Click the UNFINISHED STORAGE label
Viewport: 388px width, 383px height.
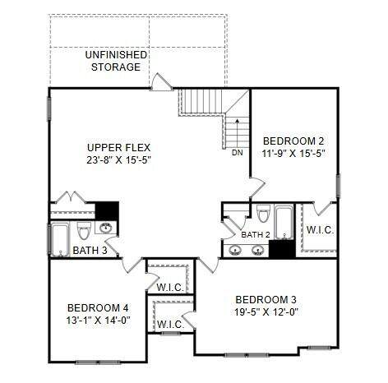tap(116, 61)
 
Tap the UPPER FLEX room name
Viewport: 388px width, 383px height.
tap(119, 148)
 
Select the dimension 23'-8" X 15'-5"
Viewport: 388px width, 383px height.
tap(119, 160)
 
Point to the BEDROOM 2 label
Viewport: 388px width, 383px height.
tap(293, 141)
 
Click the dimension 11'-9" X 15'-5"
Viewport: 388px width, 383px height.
tap(293, 154)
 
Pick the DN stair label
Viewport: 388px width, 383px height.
tap(238, 153)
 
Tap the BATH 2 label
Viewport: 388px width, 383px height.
tap(256, 235)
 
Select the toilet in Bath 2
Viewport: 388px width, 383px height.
tap(264, 213)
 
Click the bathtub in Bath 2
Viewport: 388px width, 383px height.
tap(284, 222)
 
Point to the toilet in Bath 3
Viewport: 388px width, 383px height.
tap(84, 231)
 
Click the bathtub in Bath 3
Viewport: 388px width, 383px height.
tap(60, 240)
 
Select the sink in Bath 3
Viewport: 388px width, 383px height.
tap(106, 228)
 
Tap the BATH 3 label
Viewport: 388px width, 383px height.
tap(90, 251)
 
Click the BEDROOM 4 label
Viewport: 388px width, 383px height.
tap(98, 308)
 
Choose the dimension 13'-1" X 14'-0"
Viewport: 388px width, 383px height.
tap(98, 320)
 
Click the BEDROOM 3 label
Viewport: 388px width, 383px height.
tap(266, 300)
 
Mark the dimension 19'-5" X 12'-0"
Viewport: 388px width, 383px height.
tap(266, 312)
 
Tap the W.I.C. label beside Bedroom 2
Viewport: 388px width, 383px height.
tap(320, 230)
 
